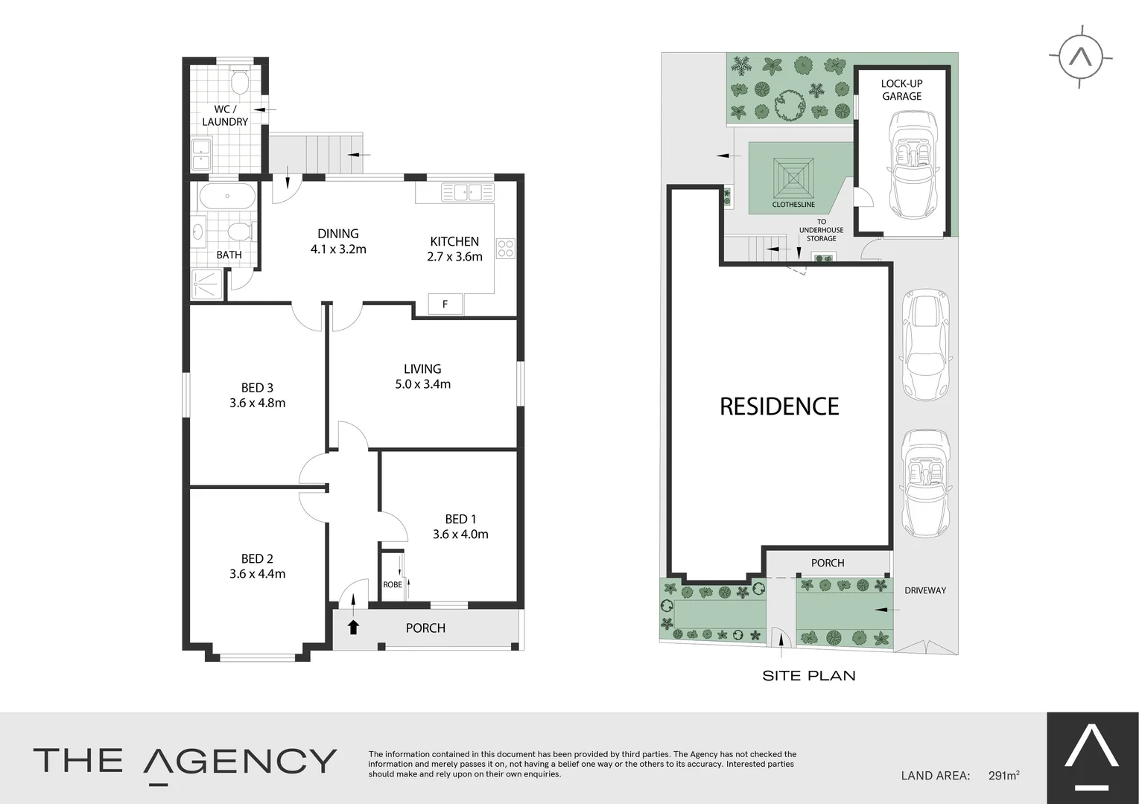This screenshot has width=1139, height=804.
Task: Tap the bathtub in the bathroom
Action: click(227, 197)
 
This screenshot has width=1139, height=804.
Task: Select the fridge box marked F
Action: click(445, 304)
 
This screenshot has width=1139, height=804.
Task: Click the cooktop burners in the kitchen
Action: click(505, 248)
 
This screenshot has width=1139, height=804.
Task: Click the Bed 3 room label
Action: click(257, 387)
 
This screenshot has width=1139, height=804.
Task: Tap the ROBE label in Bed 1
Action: click(393, 584)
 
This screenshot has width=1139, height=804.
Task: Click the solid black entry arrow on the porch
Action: click(354, 627)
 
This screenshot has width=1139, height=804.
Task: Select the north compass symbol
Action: click(1080, 57)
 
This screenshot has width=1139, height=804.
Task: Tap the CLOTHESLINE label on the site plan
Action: click(793, 204)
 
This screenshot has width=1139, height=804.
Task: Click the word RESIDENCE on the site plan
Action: click(779, 406)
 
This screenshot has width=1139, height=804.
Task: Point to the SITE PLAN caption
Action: click(808, 675)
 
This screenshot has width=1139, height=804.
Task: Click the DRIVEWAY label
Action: click(925, 590)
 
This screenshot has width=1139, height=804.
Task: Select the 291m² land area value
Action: click(1003, 775)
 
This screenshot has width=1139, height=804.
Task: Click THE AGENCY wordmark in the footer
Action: click(185, 761)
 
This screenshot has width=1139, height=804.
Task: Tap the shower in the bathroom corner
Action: click(208, 284)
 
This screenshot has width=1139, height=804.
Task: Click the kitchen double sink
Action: click(468, 193)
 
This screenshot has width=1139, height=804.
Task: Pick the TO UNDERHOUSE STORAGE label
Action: click(821, 230)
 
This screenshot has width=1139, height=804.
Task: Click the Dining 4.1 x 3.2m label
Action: click(338, 241)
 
